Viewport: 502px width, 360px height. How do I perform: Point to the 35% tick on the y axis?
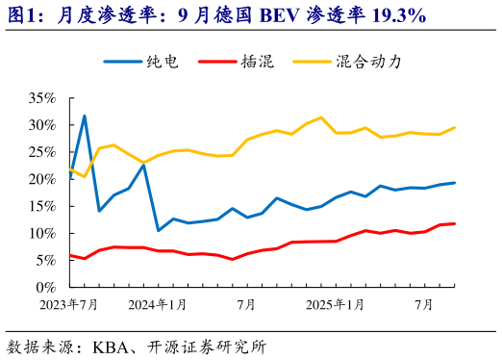click(x=43, y=98)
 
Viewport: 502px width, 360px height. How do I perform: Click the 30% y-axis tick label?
click(x=43, y=125)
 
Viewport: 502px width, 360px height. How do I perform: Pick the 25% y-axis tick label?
click(x=43, y=152)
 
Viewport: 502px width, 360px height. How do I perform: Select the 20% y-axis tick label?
click(x=43, y=179)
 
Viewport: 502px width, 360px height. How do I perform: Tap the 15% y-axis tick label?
click(x=43, y=206)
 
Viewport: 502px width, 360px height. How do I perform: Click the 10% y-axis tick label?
click(x=43, y=233)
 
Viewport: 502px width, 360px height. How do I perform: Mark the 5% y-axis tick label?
click(x=46, y=260)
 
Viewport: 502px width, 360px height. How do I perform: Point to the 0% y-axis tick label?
click(x=46, y=287)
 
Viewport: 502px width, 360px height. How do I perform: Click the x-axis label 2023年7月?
click(x=69, y=305)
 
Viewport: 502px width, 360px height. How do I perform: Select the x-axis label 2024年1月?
click(x=159, y=305)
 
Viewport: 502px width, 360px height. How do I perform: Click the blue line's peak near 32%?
click(x=85, y=116)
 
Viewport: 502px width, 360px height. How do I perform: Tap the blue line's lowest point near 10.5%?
click(x=159, y=230)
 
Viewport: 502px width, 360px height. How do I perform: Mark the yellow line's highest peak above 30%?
click(x=321, y=117)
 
